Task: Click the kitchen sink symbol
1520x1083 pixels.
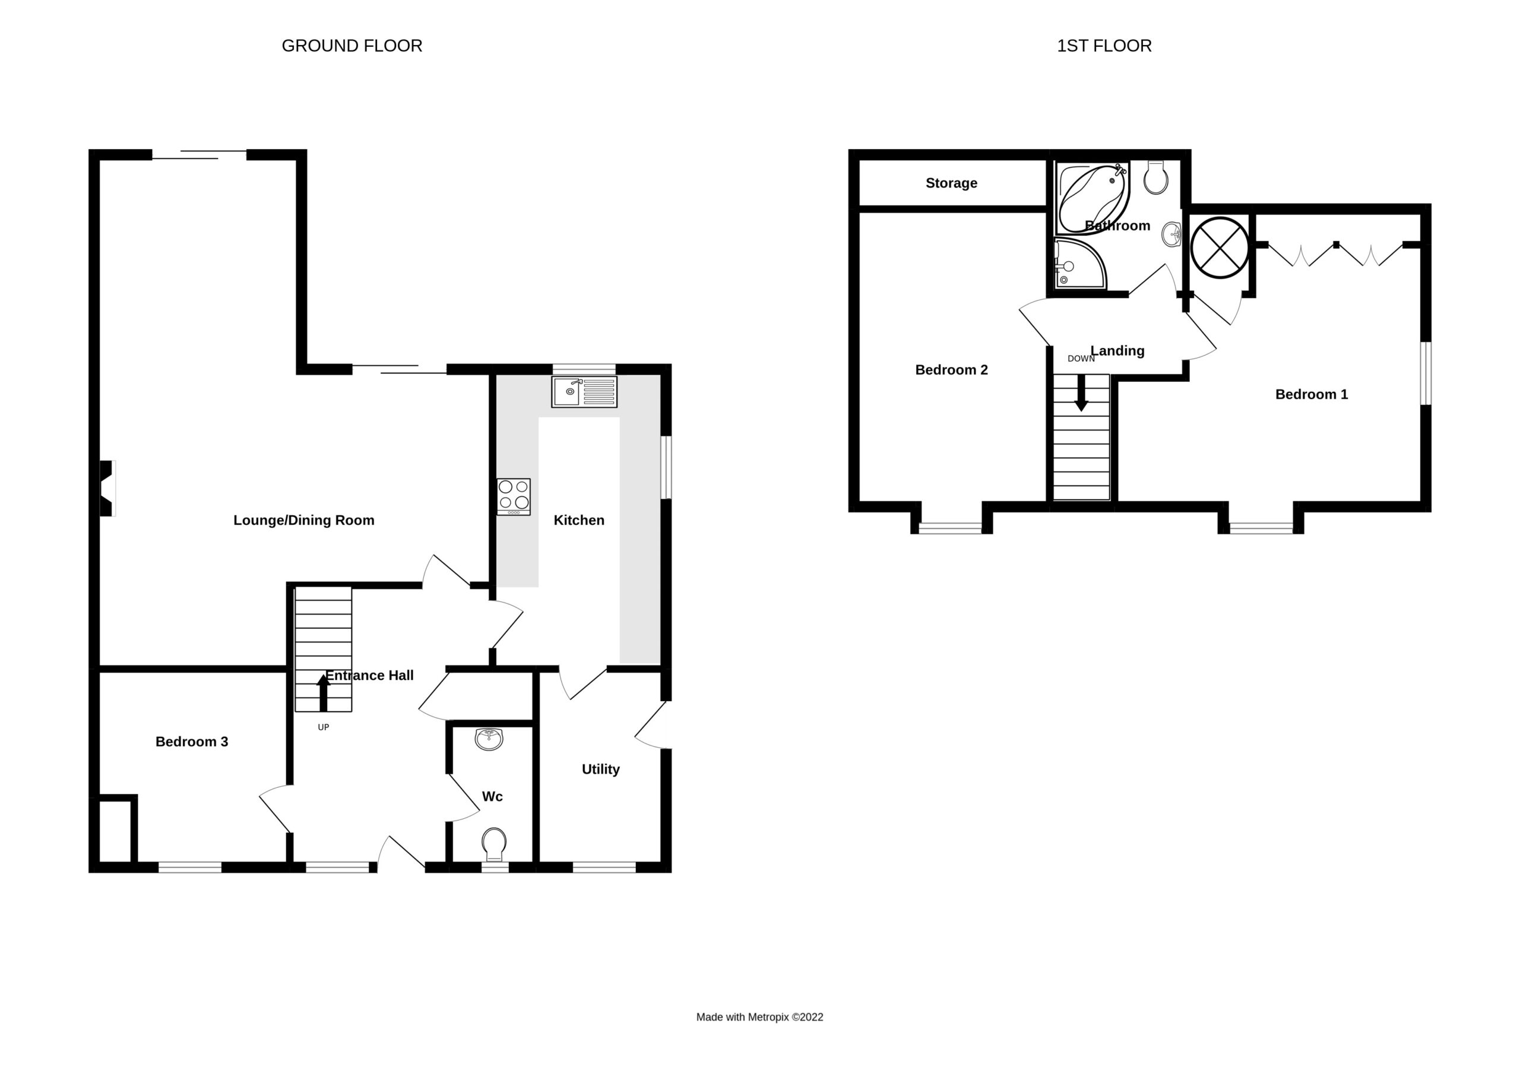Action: pyautogui.click(x=584, y=391)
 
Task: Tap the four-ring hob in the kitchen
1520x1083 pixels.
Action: pyautogui.click(x=514, y=496)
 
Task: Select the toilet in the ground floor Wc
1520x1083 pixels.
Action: pyautogui.click(x=494, y=844)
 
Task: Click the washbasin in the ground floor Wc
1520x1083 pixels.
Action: pyautogui.click(x=489, y=739)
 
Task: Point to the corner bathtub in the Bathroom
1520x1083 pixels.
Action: pyautogui.click(x=1092, y=197)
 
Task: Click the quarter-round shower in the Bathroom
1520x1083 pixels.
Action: pyautogui.click(x=1078, y=264)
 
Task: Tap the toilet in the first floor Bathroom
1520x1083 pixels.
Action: pyautogui.click(x=1155, y=177)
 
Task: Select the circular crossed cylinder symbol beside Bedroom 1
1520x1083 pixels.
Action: pyautogui.click(x=1220, y=248)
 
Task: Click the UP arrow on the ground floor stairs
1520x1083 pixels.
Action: pyautogui.click(x=324, y=693)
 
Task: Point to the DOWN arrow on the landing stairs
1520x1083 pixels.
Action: pyautogui.click(x=1081, y=393)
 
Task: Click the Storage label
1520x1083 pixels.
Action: pyautogui.click(x=951, y=183)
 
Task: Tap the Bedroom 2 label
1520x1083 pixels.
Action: pyautogui.click(x=951, y=369)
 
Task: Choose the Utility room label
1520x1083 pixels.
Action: pyautogui.click(x=601, y=769)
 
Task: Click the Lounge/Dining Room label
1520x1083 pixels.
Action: pyautogui.click(x=304, y=520)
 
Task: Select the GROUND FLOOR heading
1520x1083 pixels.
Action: pyautogui.click(x=352, y=45)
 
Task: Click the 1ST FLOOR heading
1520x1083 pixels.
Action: pyautogui.click(x=1104, y=45)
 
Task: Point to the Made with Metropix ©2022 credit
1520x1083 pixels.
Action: pyautogui.click(x=759, y=1017)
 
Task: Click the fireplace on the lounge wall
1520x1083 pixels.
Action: pyautogui.click(x=107, y=488)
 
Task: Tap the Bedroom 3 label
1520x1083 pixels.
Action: pyautogui.click(x=192, y=742)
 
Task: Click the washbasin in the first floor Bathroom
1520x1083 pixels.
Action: pyautogui.click(x=1171, y=234)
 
